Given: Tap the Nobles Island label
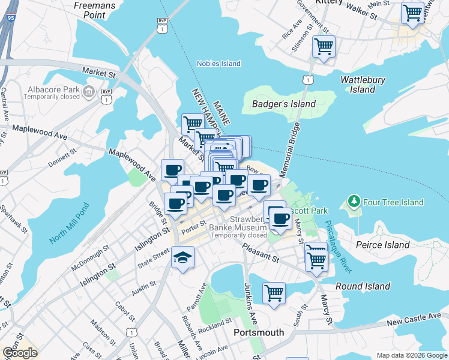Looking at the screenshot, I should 218,64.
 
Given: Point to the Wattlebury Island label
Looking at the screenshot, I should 362,85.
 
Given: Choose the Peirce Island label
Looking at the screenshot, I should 382,245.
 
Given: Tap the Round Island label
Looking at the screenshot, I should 363,286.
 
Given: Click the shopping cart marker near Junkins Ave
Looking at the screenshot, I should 274,293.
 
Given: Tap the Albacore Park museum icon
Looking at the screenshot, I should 89,92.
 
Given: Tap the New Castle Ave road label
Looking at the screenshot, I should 414,318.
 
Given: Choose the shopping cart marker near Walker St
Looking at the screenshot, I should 413,13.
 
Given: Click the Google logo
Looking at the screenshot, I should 20,353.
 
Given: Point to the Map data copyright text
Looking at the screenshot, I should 412,355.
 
